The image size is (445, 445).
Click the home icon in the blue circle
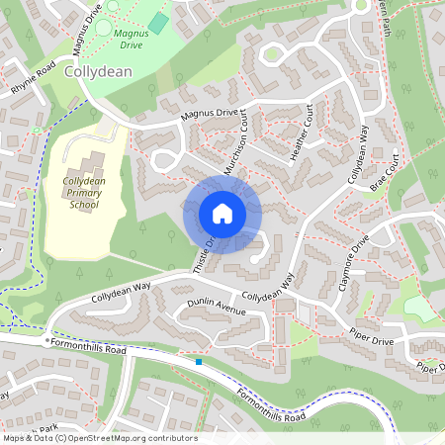(x=222, y=214)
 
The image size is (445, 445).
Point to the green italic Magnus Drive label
(x=126, y=37)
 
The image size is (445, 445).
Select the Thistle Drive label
(x=204, y=251)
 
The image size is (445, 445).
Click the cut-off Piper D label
(x=429, y=368)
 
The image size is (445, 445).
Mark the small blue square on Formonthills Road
(x=199, y=362)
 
